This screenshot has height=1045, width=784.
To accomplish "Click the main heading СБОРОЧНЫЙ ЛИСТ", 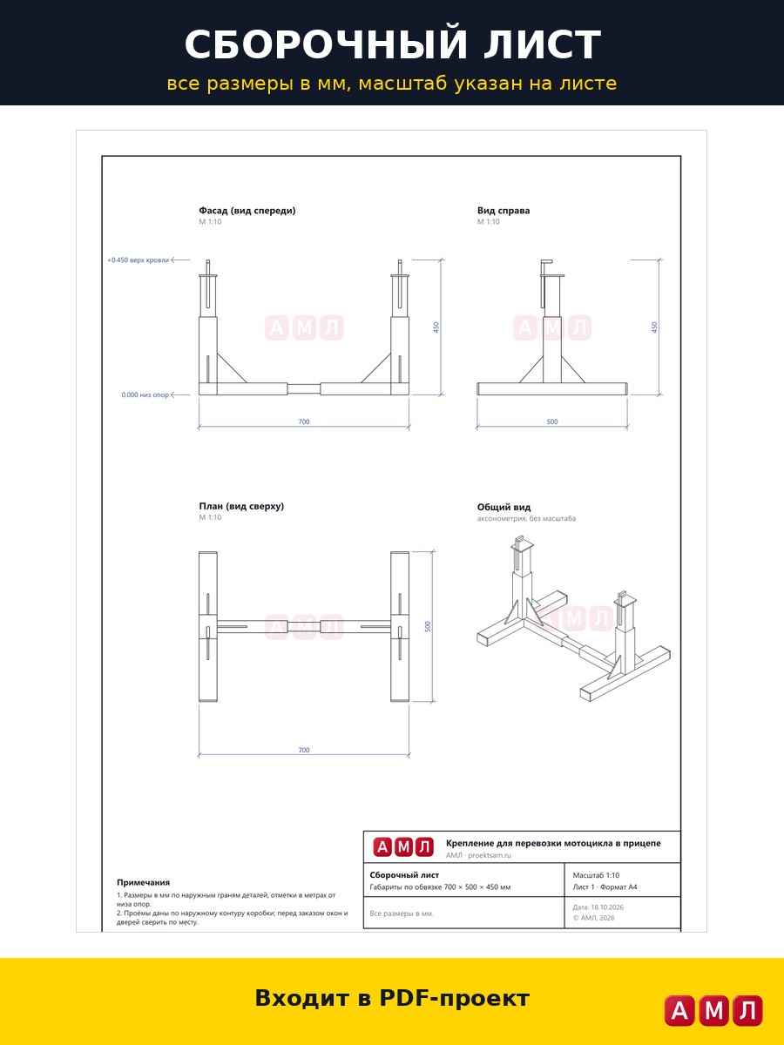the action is pyautogui.click(x=392, y=44).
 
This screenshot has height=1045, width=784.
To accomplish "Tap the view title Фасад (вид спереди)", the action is pyautogui.click(x=247, y=211).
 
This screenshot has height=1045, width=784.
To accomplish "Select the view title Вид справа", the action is pyautogui.click(x=504, y=211).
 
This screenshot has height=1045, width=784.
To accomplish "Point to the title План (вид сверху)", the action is pyautogui.click(x=241, y=506).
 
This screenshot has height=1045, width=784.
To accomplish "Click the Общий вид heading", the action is pyautogui.click(x=504, y=507).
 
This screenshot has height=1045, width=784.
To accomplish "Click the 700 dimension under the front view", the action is pyautogui.click(x=304, y=421).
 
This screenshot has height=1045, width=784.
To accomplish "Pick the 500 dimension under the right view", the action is pyautogui.click(x=552, y=421).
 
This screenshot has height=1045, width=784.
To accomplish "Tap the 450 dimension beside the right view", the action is pyautogui.click(x=654, y=327).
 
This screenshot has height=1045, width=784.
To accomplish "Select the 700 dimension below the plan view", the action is pyautogui.click(x=304, y=750).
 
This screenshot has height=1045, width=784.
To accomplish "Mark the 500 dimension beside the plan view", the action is pyautogui.click(x=428, y=626).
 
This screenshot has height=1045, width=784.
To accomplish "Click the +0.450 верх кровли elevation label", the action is pyautogui.click(x=138, y=260).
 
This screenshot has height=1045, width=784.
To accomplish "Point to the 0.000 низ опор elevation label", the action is pyautogui.click(x=145, y=394).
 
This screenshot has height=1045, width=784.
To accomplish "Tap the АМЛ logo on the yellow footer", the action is pyautogui.click(x=713, y=1010).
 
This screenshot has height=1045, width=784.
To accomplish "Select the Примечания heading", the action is pyautogui.click(x=143, y=882).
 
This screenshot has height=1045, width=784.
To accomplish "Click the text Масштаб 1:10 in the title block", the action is pyautogui.click(x=596, y=875).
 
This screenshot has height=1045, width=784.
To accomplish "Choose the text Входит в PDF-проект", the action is pyautogui.click(x=392, y=998).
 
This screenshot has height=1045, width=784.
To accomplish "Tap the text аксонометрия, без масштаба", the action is pyautogui.click(x=526, y=518).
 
